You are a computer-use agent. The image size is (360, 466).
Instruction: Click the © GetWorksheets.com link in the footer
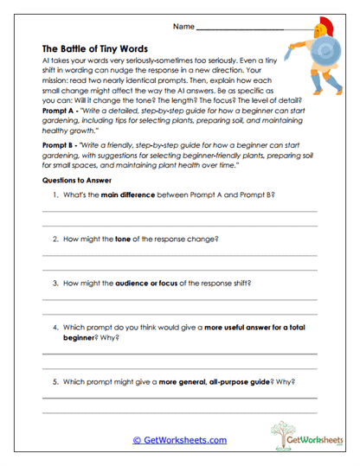pyautogui.click(x=179, y=440)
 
